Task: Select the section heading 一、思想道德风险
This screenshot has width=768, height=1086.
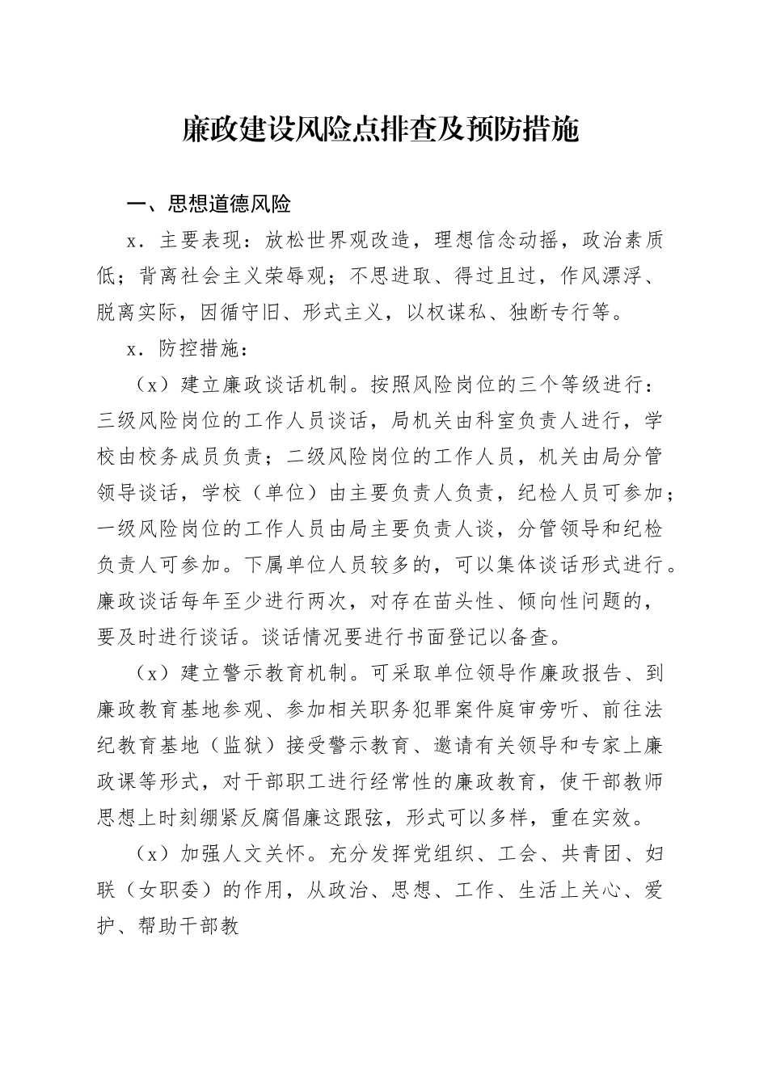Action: pyautogui.click(x=208, y=204)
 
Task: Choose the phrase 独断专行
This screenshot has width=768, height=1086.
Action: pyautogui.click(x=549, y=313)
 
